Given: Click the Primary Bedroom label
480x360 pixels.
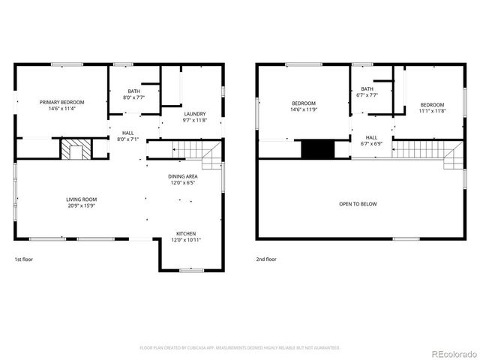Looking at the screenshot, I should pos(62,102).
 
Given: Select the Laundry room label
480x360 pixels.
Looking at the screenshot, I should pos(194,114).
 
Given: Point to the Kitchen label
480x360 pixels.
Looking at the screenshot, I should pos(187,233).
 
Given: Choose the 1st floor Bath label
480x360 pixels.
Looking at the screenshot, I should pos(133,91).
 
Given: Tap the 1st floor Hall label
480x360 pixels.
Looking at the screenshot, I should pos(127,133).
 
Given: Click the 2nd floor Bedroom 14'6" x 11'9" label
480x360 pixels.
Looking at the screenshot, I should pos(304,103).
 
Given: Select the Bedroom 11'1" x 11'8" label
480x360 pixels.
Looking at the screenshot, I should pos(432,105).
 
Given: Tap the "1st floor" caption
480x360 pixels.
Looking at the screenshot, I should pos(24,259).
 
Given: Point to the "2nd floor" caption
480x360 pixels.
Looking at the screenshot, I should pos(265,259).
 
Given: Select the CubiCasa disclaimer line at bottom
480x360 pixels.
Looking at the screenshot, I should pos(240,348).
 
